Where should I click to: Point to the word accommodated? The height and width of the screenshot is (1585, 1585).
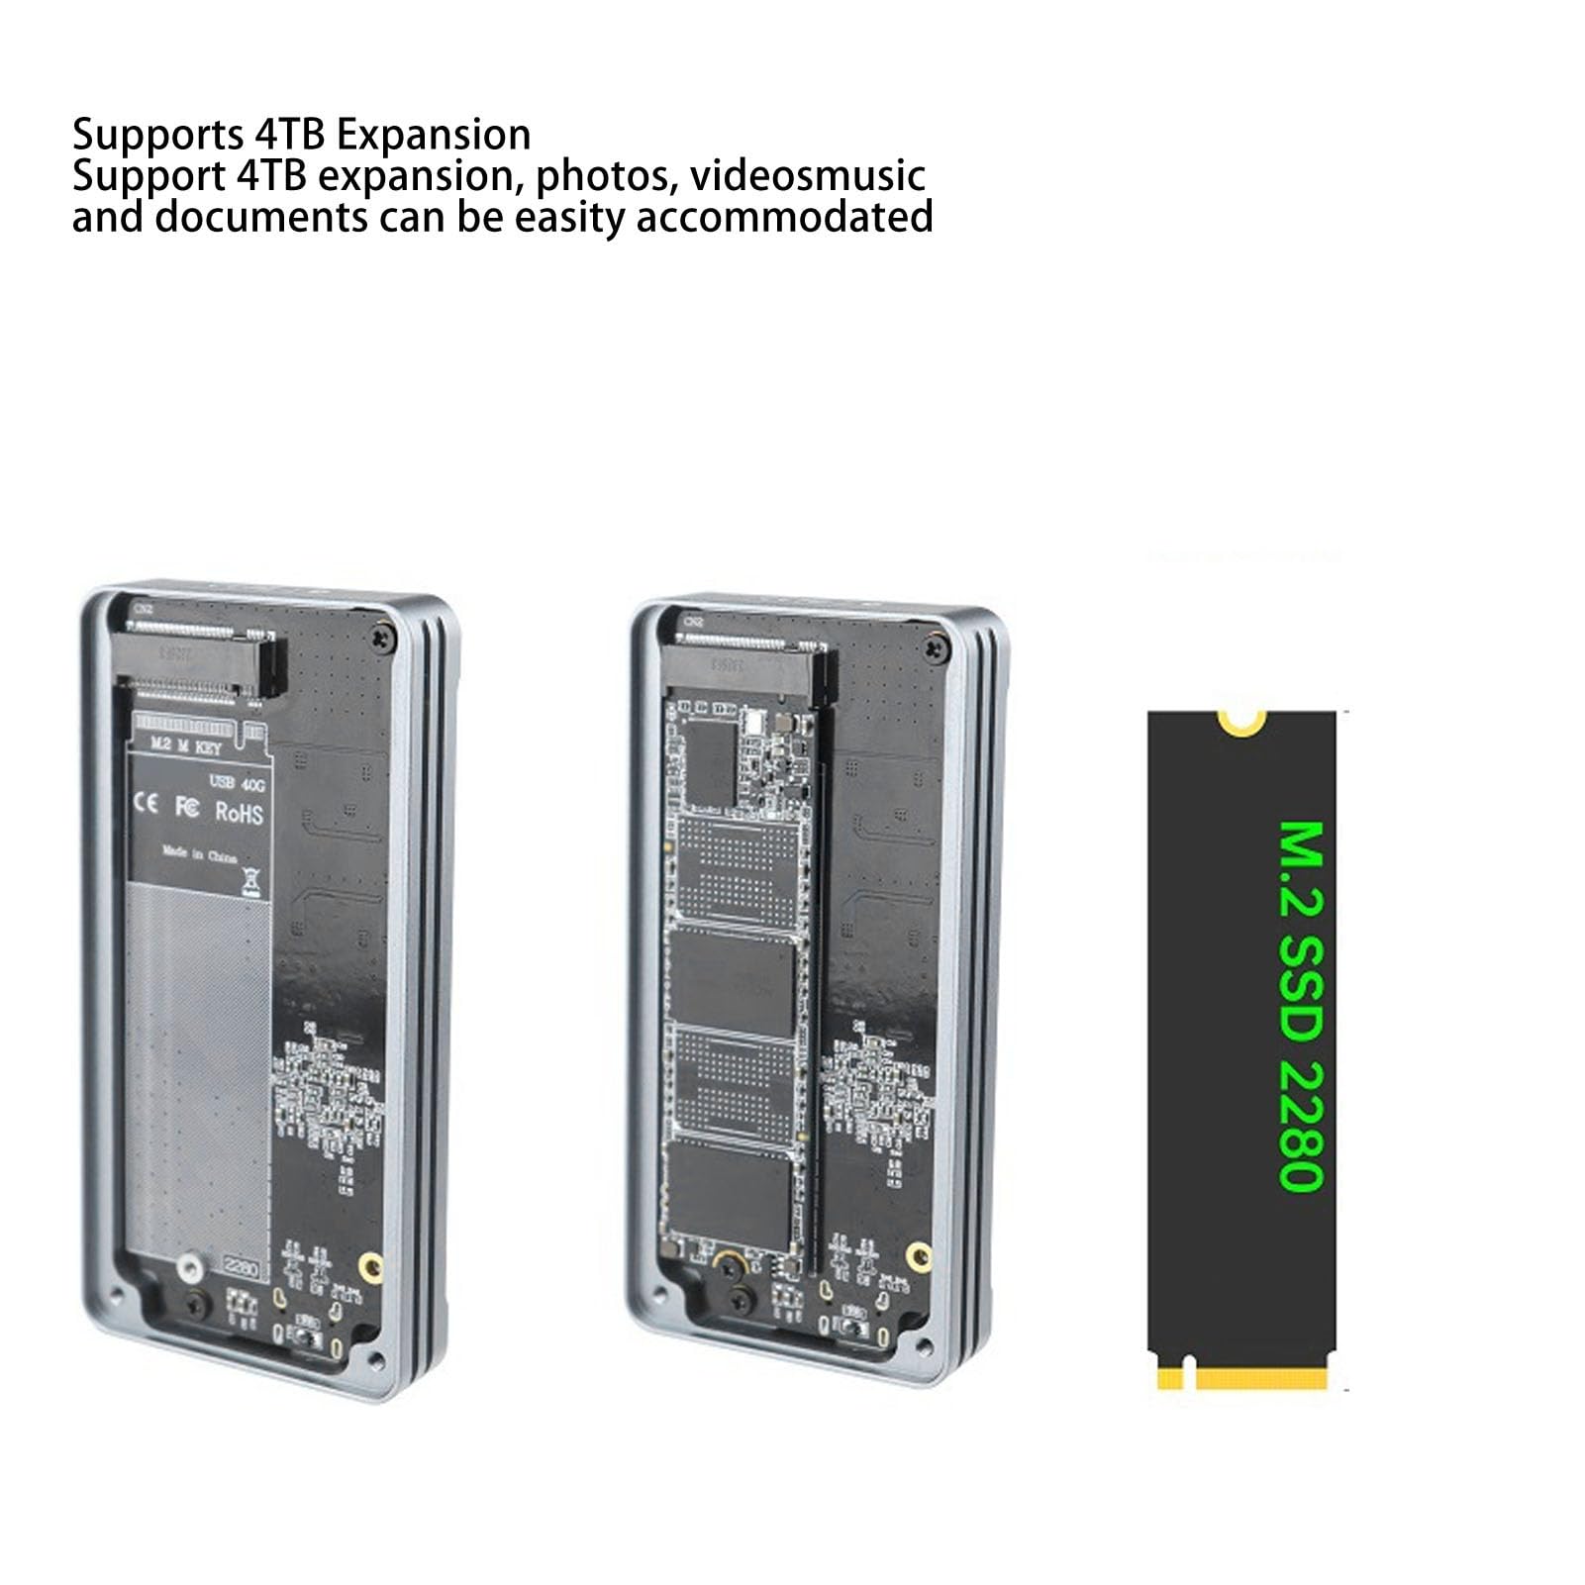click(x=784, y=217)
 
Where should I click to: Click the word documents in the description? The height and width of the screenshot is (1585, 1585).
click(x=260, y=217)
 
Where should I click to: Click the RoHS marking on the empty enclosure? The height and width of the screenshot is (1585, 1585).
click(x=240, y=812)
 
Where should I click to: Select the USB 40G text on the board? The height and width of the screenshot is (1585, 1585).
click(x=237, y=783)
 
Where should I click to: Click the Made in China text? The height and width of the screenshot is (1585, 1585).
click(x=200, y=854)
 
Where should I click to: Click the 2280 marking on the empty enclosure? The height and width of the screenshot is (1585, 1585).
click(x=242, y=1268)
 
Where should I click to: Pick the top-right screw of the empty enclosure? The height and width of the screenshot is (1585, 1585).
click(x=381, y=641)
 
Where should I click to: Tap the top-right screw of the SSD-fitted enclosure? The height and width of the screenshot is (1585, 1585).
click(x=931, y=647)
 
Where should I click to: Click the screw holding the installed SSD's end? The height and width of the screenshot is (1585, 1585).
click(x=729, y=1266)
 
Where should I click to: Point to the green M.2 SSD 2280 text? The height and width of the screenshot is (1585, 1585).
click(x=1300, y=1006)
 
